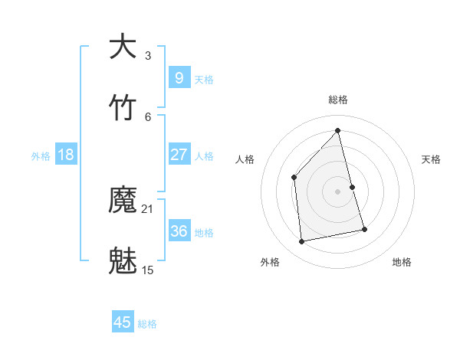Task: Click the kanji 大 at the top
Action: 123,47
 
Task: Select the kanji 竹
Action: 123,108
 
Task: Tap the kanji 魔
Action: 123,201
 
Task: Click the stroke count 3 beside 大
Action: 148,55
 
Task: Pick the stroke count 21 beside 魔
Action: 148,209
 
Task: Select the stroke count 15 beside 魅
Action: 148,270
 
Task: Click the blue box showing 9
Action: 179,77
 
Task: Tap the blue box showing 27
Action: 179,155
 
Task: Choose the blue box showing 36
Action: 179,231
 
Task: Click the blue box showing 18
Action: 66,155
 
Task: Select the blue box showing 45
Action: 123,322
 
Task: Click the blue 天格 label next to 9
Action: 204,79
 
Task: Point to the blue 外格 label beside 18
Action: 41,156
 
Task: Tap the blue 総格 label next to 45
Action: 147,324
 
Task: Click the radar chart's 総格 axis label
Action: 338,100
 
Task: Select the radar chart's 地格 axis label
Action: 402,262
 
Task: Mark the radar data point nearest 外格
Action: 302,241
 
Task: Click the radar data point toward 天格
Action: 352,187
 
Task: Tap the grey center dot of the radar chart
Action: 338,191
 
